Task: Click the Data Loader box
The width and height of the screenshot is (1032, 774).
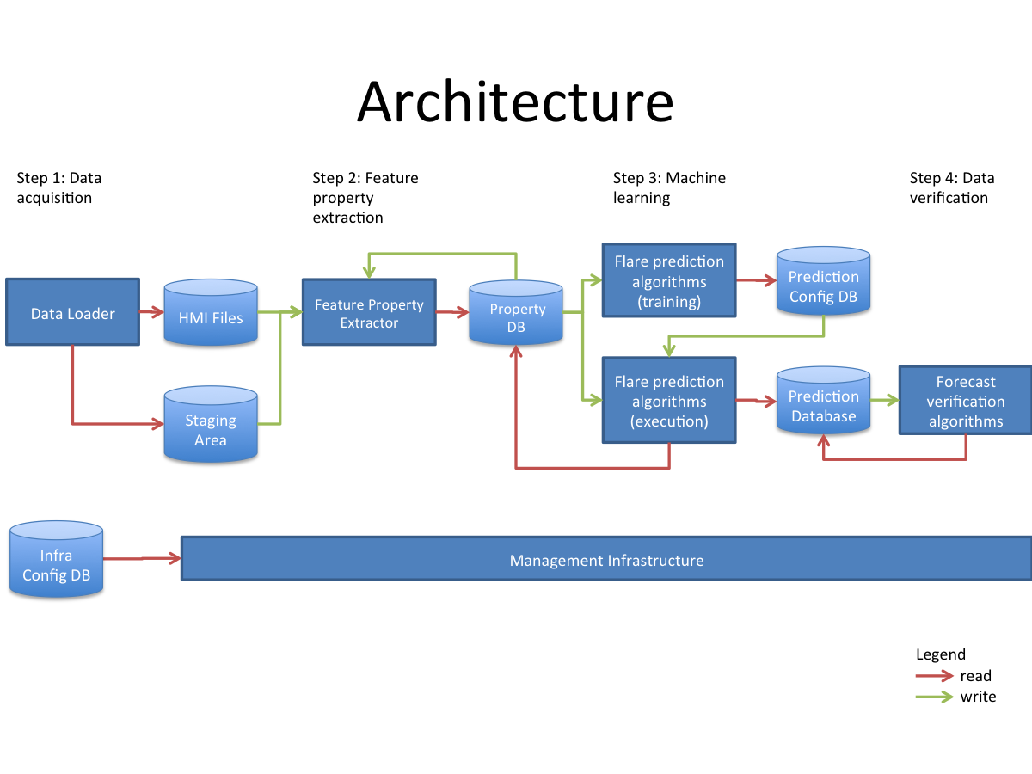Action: pos(72,312)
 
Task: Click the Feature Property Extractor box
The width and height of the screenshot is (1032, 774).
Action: pos(369,312)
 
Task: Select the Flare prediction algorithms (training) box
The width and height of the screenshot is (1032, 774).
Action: pos(669,279)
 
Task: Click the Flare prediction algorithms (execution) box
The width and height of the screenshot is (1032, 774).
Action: pos(669,401)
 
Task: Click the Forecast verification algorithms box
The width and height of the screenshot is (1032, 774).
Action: pos(965,401)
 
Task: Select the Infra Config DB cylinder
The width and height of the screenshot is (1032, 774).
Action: pos(57,560)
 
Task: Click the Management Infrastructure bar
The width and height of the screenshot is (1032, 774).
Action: pos(606,560)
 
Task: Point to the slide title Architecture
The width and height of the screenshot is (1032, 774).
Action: pos(515,101)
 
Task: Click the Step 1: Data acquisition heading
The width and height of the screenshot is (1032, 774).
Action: pos(58,187)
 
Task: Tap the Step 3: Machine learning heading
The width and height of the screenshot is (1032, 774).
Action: pos(669,187)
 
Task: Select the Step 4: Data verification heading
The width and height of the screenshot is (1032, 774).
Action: pos(951,187)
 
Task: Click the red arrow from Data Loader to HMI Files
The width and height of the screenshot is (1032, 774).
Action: pos(151,312)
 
